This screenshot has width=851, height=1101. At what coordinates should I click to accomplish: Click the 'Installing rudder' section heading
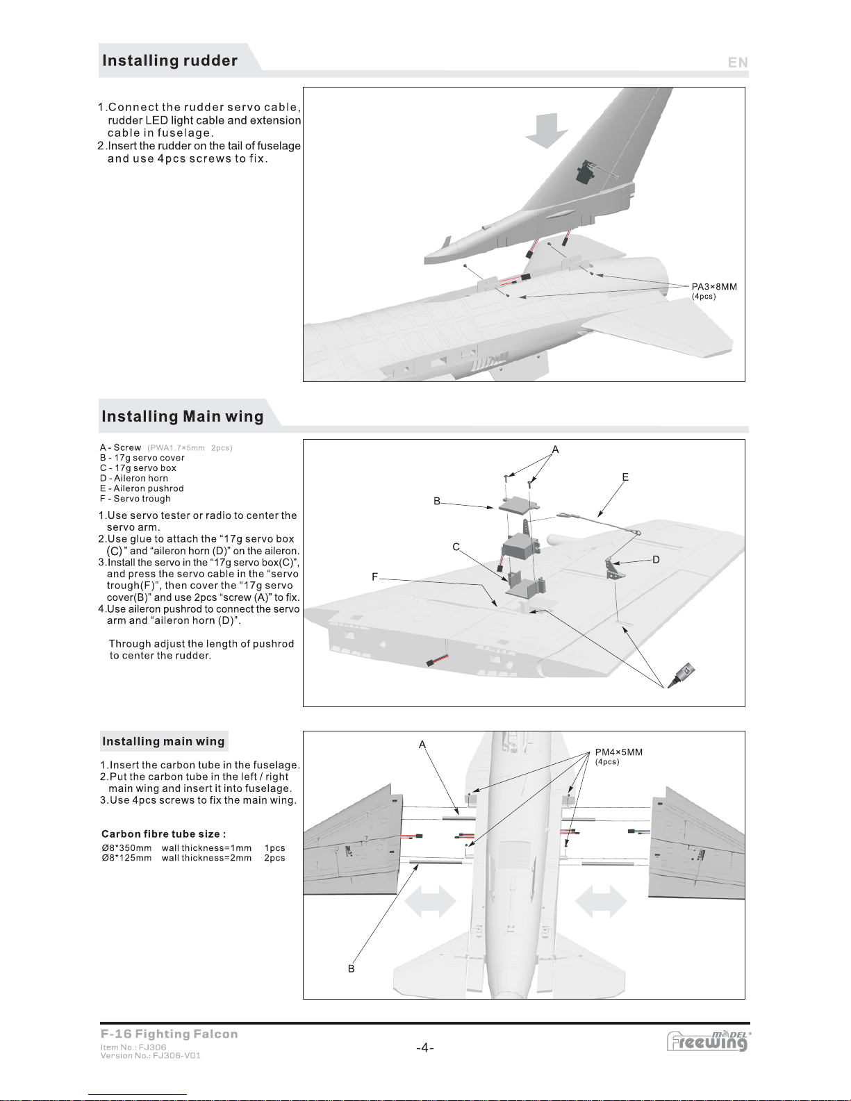pyautogui.click(x=170, y=61)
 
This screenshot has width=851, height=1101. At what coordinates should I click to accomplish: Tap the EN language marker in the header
pyautogui.click(x=738, y=63)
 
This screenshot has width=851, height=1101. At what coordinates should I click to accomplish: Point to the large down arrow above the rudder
pyautogui.click(x=547, y=131)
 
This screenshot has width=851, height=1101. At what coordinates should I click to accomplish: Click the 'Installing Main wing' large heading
pyautogui.click(x=182, y=417)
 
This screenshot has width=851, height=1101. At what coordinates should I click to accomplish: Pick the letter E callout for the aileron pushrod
pyautogui.click(x=625, y=477)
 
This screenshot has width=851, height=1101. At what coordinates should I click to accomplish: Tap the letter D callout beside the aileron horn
pyautogui.click(x=656, y=559)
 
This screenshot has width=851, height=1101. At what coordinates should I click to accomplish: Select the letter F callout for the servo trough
pyautogui.click(x=375, y=577)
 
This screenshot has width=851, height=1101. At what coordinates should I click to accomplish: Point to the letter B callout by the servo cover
pyautogui.click(x=437, y=501)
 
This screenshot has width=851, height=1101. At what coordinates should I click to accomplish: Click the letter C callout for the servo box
pyautogui.click(x=456, y=547)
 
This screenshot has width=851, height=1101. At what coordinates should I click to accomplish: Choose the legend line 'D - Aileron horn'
pyautogui.click(x=133, y=479)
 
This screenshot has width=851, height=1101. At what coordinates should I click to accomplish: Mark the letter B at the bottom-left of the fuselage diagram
pyautogui.click(x=351, y=969)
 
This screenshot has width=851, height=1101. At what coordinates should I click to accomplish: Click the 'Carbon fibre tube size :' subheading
pyautogui.click(x=164, y=834)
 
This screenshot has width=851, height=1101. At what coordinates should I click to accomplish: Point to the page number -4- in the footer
pyautogui.click(x=425, y=1048)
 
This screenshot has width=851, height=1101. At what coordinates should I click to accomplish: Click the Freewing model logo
pyautogui.click(x=708, y=1041)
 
